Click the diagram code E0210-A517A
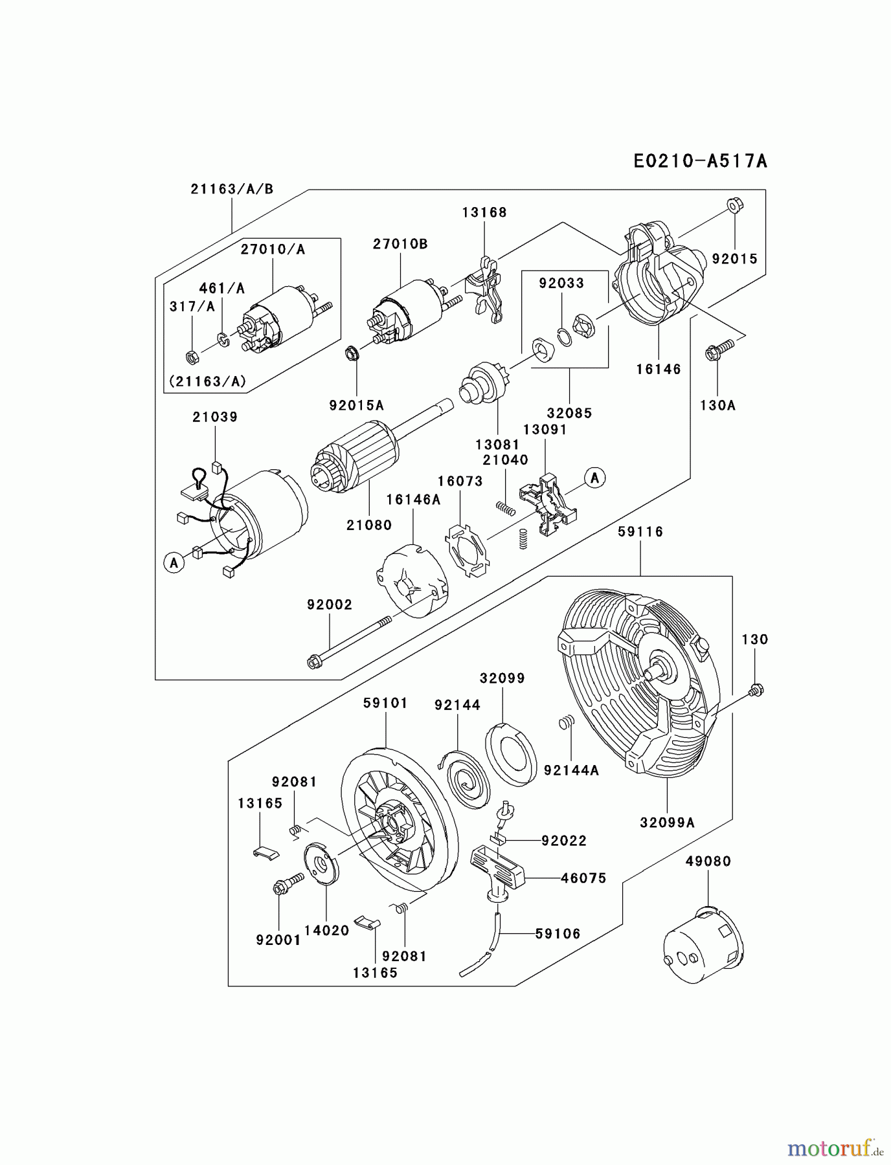(700, 161)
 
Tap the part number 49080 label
(708, 861)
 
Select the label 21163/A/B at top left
(232, 189)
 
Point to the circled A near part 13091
(594, 478)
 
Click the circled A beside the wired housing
(174, 562)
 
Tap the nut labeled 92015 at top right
(735, 206)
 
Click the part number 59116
(640, 531)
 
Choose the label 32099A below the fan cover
(667, 823)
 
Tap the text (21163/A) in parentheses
(207, 381)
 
